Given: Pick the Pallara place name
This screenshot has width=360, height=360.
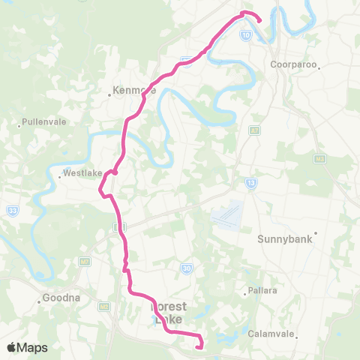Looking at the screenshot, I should point(260,292).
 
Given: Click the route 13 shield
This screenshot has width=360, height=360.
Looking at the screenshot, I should point(250,182).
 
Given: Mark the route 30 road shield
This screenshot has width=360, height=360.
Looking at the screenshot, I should point(186,267).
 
